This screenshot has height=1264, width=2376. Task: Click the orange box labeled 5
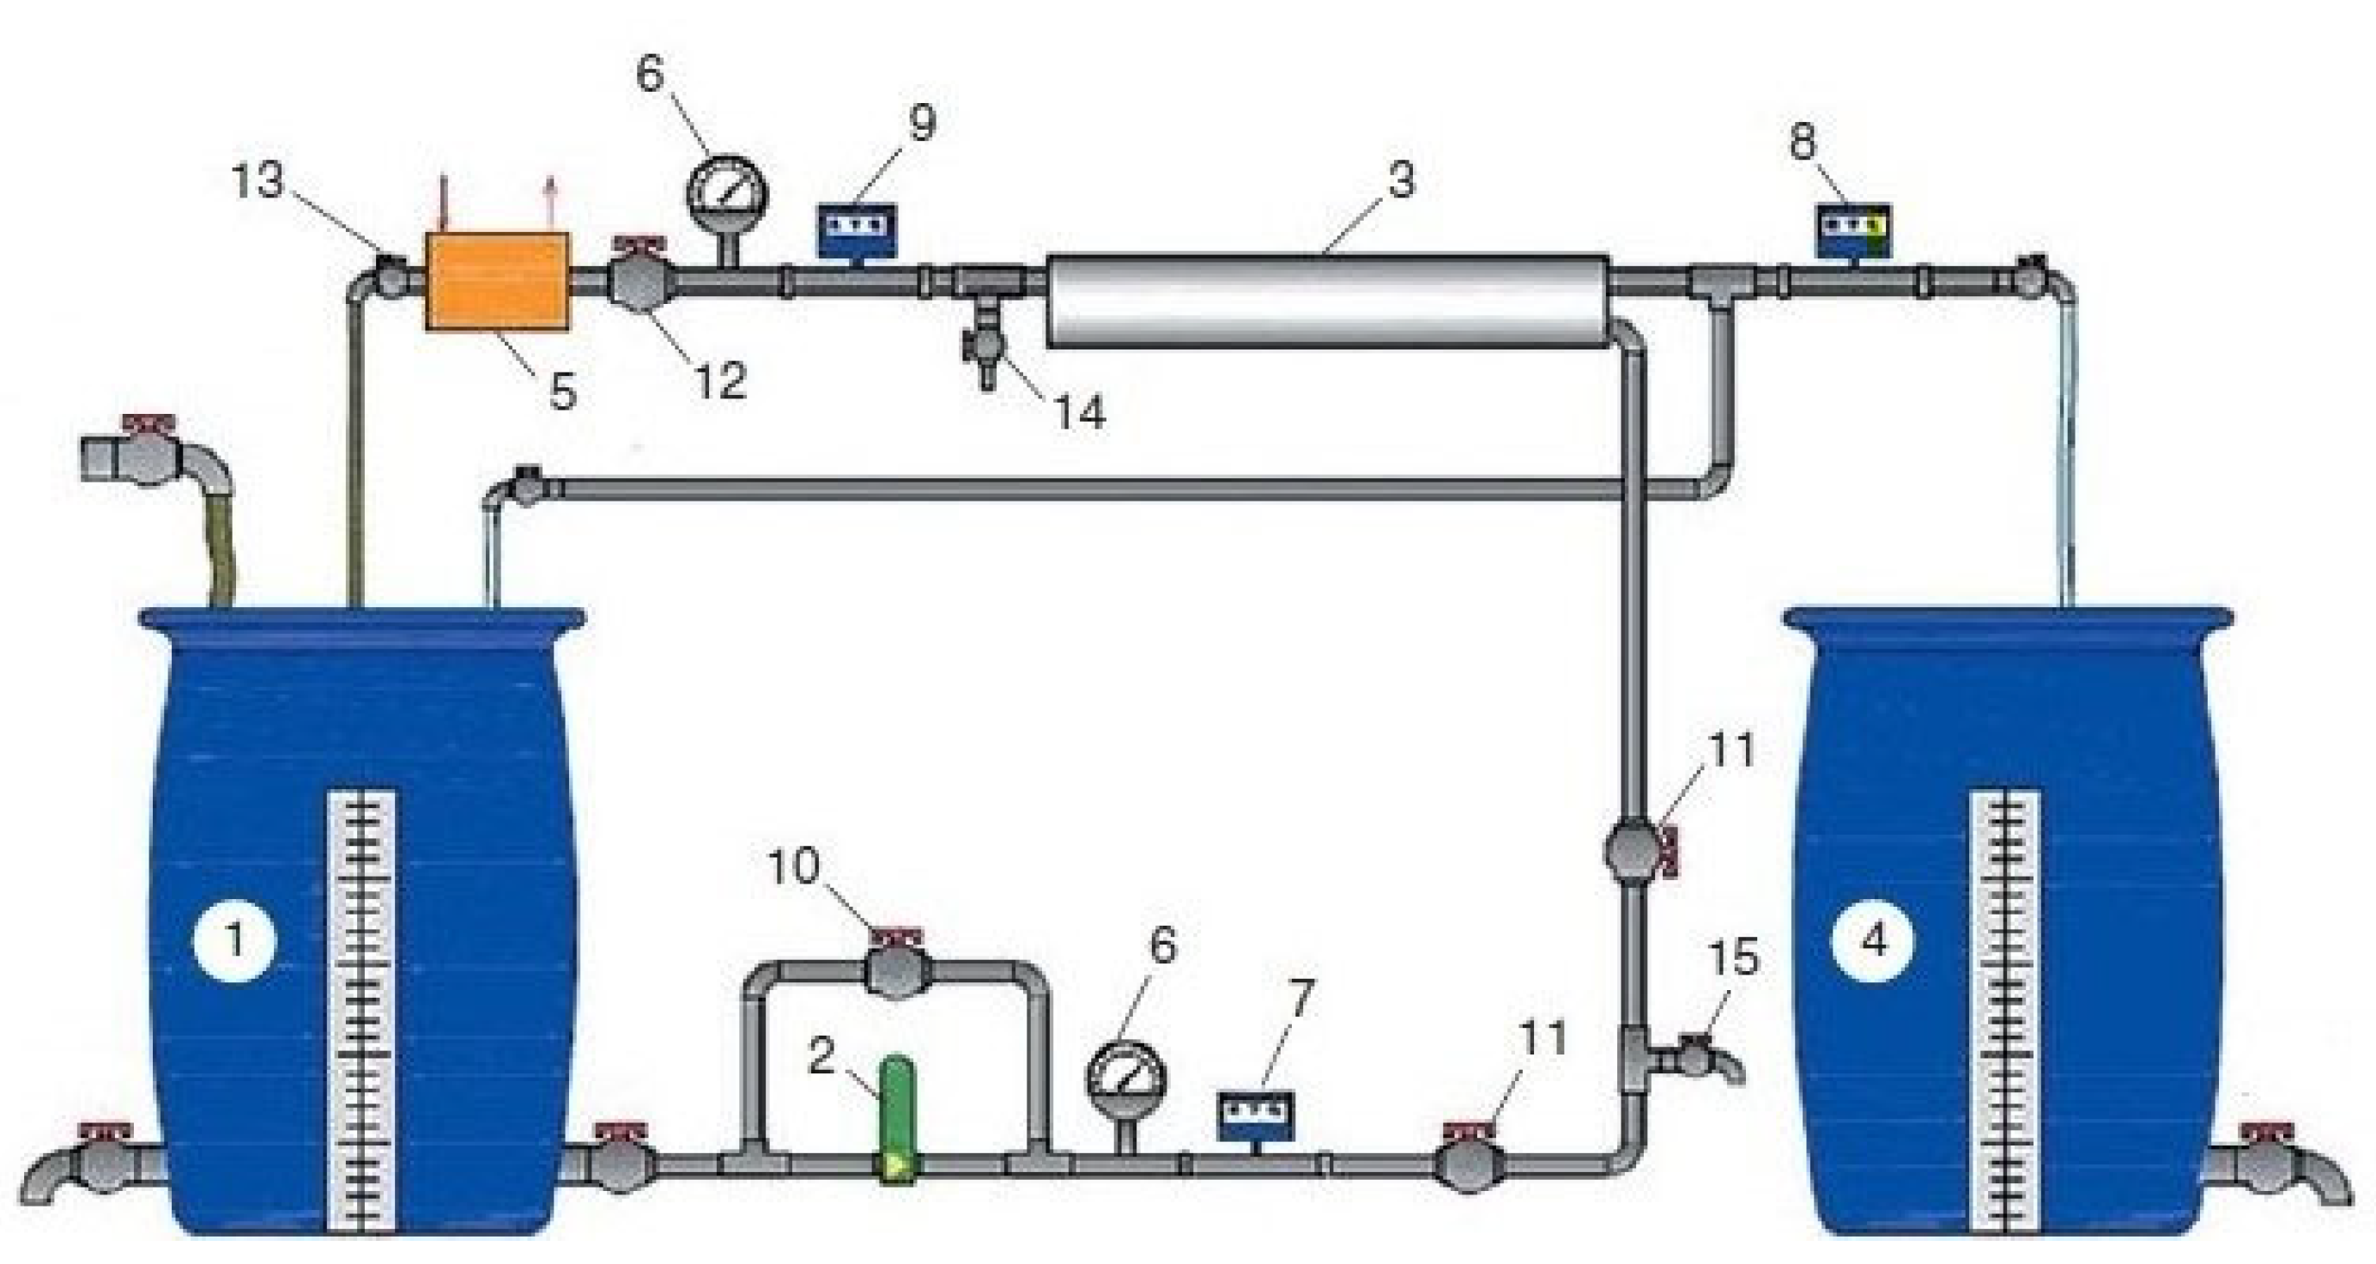[496, 282]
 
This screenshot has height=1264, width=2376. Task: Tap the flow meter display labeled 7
[1255, 1117]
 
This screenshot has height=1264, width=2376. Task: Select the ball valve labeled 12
[642, 283]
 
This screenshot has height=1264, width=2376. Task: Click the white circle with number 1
[235, 941]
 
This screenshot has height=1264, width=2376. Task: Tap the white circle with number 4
[1873, 941]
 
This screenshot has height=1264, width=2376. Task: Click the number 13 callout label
[257, 181]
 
